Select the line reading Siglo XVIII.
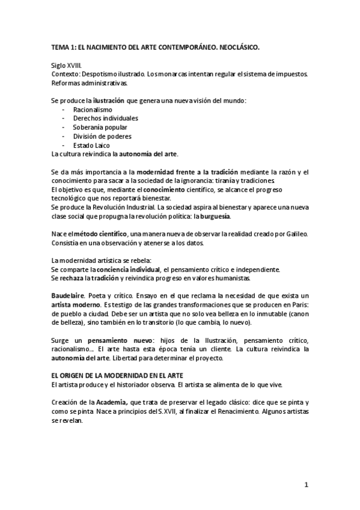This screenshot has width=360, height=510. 67,64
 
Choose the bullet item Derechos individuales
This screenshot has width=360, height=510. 105,118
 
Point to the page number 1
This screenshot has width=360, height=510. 306,485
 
